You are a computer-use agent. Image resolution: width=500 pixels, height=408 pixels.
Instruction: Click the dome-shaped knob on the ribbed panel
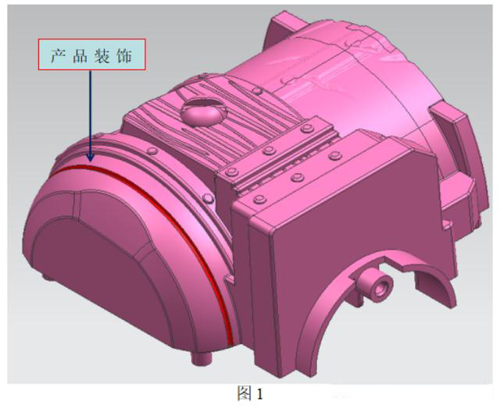click(x=198, y=115)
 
